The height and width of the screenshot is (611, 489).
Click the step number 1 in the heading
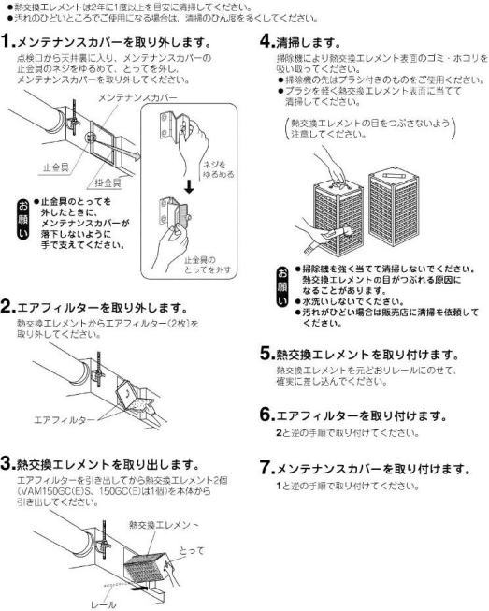(x=7, y=43)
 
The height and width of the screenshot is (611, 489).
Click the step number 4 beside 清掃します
(x=261, y=42)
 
